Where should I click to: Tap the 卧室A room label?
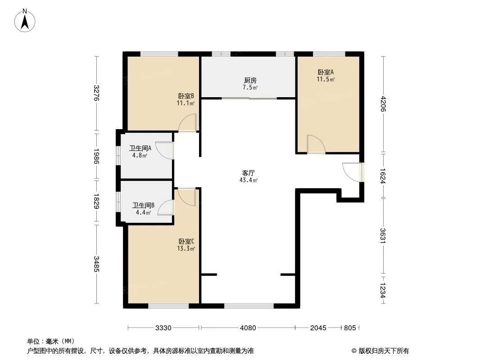(326, 72)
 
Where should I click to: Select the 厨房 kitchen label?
(250, 81)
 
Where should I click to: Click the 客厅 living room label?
(248, 173)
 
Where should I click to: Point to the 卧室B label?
(186, 96)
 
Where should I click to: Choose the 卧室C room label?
(186, 242)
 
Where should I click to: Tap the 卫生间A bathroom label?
(140, 148)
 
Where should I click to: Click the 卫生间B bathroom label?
(143, 205)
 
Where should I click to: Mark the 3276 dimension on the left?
(96, 93)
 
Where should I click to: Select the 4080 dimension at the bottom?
(248, 328)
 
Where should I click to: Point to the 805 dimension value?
(350, 328)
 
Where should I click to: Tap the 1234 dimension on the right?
(383, 290)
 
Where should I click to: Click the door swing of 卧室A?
(316, 144)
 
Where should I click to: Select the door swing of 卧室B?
(187, 123)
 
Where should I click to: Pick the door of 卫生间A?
(165, 150)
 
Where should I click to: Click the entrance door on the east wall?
(353, 172)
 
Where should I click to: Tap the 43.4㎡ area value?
(248, 180)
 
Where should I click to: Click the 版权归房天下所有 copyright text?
(384, 351)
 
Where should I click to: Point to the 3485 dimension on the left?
(96, 264)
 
